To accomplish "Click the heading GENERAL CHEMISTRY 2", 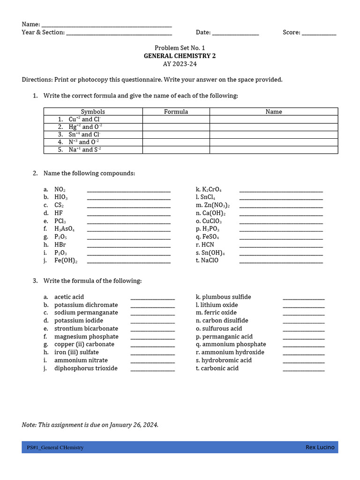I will point(180,56).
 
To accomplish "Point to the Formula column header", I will point(176,112).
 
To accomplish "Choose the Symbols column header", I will point(93,112).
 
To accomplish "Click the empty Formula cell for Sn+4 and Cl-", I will point(176,135).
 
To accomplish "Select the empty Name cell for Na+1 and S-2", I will point(274,150).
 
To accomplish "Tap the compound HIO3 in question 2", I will point(61,197).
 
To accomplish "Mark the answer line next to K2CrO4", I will point(281,191).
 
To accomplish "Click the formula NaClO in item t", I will point(210,261).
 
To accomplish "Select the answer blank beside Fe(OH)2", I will point(129,262).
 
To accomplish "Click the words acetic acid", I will point(69,297).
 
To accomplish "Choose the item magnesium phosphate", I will point(86,337).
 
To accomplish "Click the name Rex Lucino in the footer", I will point(320,447).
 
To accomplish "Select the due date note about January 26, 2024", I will point(90,425).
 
